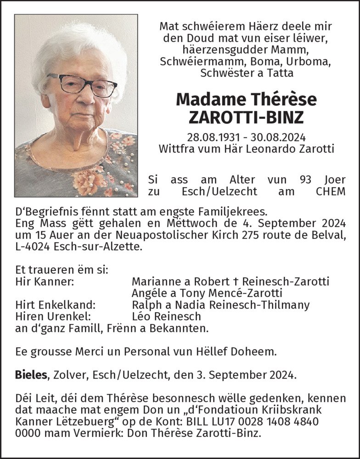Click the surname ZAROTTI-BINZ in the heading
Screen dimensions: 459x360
[x=246, y=118]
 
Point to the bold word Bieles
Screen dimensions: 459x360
[x=31, y=375]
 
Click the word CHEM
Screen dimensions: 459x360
[x=331, y=191]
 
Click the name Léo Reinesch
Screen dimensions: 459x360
[x=166, y=316]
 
